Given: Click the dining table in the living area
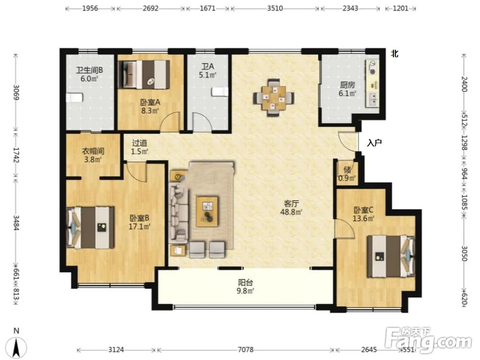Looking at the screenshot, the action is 274,98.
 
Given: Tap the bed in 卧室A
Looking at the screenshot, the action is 144,74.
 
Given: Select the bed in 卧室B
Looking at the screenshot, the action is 90,228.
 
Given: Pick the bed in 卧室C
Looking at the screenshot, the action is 391,256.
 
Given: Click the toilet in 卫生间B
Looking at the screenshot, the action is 75,97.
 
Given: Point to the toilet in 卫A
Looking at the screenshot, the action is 220,92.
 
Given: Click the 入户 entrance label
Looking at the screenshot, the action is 374,143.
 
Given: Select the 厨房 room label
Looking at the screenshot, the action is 347,85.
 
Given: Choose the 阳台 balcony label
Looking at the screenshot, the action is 245,283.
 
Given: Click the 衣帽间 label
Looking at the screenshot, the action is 93,151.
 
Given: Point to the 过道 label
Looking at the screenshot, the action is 140,143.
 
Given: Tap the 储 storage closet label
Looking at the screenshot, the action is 347,169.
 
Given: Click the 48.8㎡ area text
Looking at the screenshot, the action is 291,212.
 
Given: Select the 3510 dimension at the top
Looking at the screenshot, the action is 275,8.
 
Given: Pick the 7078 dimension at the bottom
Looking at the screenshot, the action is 245,349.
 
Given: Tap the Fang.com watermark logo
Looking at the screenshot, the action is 428,339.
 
